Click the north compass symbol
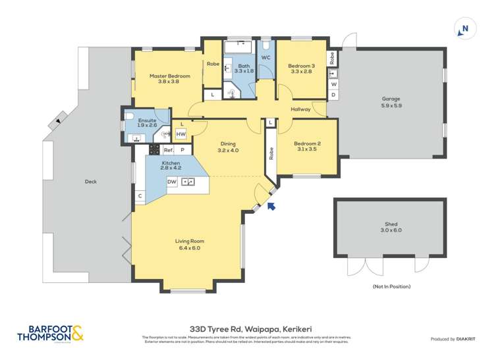[464, 28]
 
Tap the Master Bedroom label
[160, 76]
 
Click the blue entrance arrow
[271, 207]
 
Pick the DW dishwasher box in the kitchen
[172, 182]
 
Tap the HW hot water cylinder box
[180, 134]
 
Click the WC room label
[265, 58]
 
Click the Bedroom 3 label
[302, 66]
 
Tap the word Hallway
[300, 109]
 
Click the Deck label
[90, 182]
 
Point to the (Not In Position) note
[391, 286]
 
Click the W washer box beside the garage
[333, 84]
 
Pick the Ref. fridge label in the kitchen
[168, 150]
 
